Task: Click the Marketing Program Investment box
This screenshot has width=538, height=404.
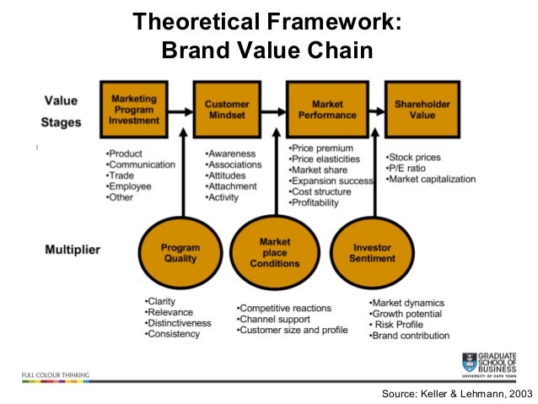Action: [x=134, y=110]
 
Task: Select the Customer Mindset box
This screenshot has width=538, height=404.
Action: [x=227, y=110]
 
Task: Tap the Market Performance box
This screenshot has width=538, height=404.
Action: [x=322, y=110]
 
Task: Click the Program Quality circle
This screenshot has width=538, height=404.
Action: [x=180, y=253]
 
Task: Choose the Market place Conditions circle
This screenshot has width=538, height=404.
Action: [x=275, y=252]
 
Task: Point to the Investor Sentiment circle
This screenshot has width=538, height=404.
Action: [x=371, y=253]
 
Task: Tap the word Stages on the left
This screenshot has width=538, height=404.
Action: [x=63, y=122]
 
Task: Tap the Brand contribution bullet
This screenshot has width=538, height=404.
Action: [x=410, y=336]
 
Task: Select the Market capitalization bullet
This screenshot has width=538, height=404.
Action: [x=431, y=179]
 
